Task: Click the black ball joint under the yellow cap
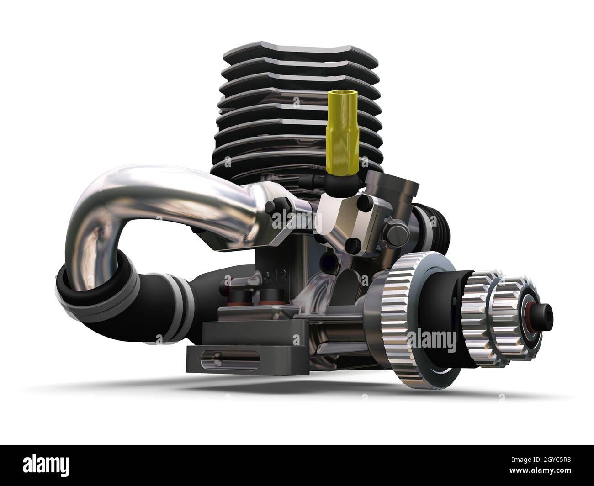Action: coord(338,183)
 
